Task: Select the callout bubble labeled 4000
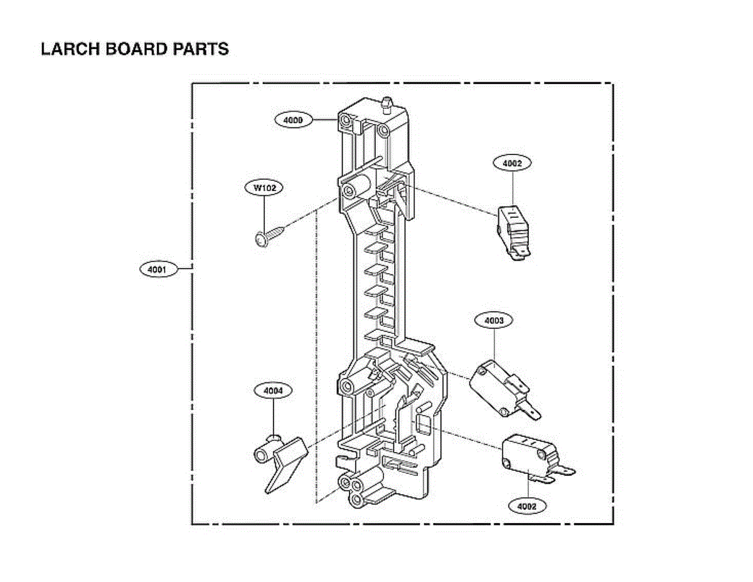click(293, 119)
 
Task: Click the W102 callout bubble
click(264, 187)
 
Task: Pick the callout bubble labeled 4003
click(494, 321)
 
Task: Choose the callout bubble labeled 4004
click(273, 391)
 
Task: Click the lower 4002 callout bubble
click(527, 505)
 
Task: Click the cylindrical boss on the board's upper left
click(355, 188)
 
